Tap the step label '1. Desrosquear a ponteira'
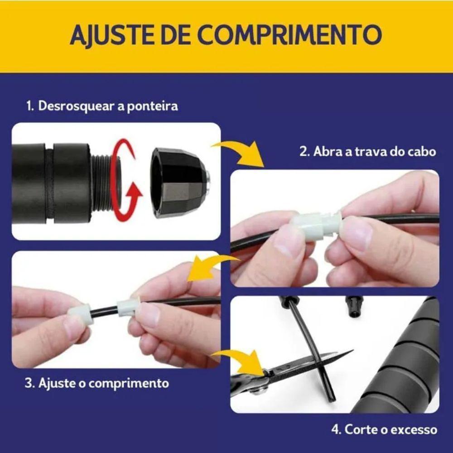tap(101, 106)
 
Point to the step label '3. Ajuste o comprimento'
tap(96, 383)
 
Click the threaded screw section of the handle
tap(105, 182)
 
